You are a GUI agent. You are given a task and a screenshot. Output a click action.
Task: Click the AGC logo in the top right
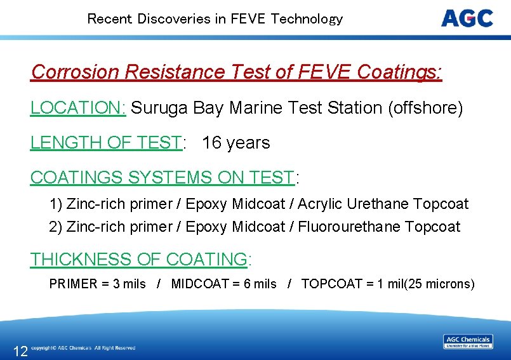coord(467,18)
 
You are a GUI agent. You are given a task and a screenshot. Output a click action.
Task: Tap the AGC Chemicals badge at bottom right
coord(468,342)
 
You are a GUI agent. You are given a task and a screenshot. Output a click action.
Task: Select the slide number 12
coord(20,351)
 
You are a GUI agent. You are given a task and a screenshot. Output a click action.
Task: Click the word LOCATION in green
coord(78,108)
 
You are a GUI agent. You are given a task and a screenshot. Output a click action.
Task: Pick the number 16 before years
coord(211,143)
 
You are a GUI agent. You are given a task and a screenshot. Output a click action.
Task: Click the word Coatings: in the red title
coord(400,72)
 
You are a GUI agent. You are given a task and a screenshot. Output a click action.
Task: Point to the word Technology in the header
coord(307,19)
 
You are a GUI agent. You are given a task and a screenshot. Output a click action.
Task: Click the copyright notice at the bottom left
coord(83,348)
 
